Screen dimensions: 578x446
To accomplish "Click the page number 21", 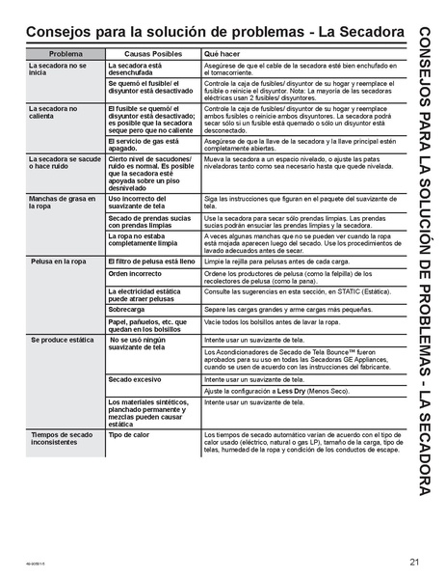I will point(413,562).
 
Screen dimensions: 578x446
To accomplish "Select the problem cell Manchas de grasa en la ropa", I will point(60,202).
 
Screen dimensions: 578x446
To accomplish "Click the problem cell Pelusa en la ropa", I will point(56,261).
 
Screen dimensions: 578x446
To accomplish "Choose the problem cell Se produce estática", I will point(60,341).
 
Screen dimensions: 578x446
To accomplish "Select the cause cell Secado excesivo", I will point(134,379).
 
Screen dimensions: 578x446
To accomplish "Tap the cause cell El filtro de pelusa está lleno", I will point(153,261).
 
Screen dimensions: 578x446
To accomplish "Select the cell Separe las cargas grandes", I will point(275,309).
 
